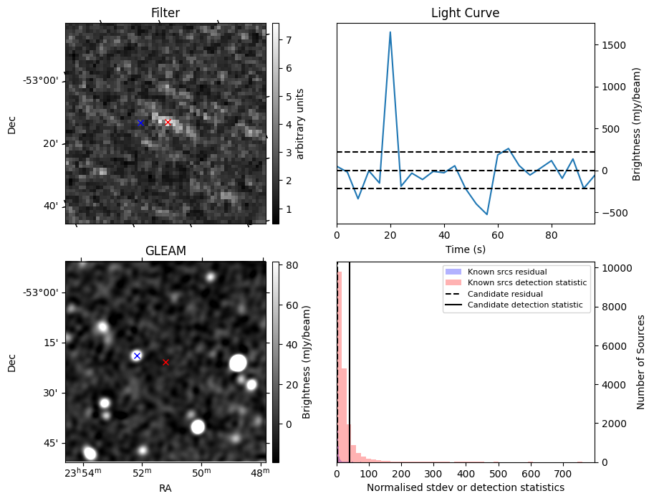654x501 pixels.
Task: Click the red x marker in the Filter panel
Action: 168,123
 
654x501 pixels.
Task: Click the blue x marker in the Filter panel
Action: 140,123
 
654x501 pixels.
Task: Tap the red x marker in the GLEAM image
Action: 165,362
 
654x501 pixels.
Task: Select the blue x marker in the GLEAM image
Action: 137,356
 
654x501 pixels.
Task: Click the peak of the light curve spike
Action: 390,32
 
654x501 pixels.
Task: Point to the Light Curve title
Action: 465,13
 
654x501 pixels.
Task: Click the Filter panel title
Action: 165,13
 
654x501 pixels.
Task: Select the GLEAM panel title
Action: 165,251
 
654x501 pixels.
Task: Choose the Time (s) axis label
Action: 465,249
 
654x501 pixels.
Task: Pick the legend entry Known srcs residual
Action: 507,272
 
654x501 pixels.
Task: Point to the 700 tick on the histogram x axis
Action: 563,473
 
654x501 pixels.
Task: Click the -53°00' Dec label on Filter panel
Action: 41,80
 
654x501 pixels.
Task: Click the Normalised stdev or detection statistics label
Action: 465,487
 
